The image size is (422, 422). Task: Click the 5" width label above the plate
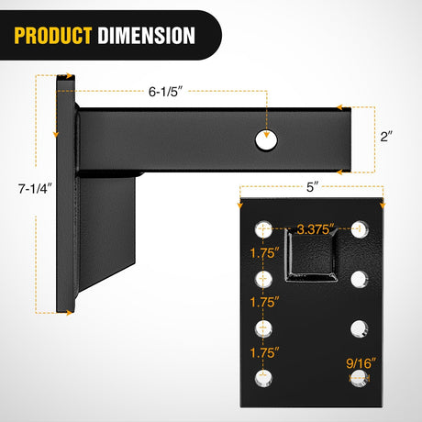click(x=313, y=186)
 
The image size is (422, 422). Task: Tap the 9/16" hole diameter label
click(x=360, y=361)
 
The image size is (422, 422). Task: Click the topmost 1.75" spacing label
click(x=262, y=249)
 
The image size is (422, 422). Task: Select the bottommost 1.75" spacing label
click(x=262, y=350)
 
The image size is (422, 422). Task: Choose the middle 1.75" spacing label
click(x=262, y=299)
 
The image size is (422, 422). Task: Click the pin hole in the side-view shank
click(x=266, y=139)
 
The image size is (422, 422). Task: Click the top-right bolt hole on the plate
click(x=360, y=226)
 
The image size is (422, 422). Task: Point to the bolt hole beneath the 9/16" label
click(x=360, y=378)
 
